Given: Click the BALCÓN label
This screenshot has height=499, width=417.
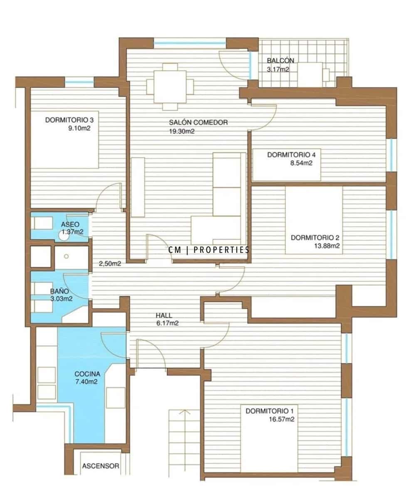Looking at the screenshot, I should (278, 61).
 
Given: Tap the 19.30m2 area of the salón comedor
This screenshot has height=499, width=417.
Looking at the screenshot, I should (182, 131).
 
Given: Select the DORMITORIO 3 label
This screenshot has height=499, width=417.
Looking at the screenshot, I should (69, 121).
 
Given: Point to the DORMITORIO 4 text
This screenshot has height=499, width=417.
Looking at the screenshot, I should (289, 155).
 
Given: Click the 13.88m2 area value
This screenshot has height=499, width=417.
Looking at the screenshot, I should (328, 246).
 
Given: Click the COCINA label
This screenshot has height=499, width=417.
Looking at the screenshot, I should (87, 373).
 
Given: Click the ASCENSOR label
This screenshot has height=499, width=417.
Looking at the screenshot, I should (100, 466).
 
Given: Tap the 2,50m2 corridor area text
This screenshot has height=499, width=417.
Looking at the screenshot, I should (110, 263).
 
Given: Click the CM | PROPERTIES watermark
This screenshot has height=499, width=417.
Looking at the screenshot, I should (209, 250).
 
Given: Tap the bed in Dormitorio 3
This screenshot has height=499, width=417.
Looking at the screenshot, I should (64, 141).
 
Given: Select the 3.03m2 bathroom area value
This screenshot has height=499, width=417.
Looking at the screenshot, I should (61, 299).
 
